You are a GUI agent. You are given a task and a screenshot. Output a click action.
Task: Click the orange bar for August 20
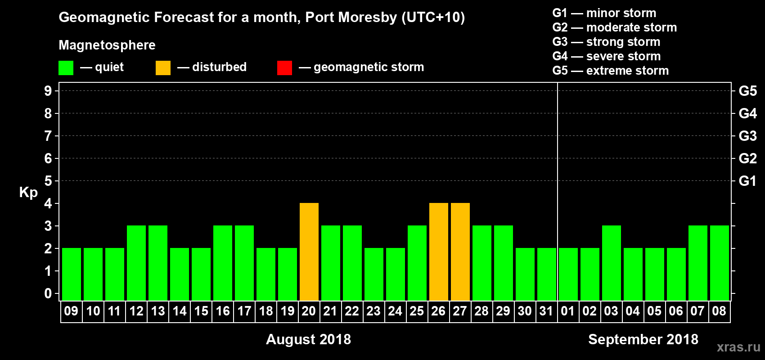pos(309,252)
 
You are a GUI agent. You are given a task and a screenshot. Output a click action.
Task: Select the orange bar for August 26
pos(439,252)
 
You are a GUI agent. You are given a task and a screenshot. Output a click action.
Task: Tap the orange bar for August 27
pos(460,252)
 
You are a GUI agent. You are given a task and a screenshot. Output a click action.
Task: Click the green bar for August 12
pos(136,263)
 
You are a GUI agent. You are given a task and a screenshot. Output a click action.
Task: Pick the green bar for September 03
pos(612,263)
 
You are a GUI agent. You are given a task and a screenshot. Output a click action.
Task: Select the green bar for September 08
pos(720,263)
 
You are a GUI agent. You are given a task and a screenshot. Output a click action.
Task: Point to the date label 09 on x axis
pos(71,311)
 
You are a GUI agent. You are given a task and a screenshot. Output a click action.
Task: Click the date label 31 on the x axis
pos(546,311)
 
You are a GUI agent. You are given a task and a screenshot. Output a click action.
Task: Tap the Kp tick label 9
pos(48,91)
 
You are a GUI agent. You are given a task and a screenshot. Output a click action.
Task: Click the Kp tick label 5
pos(48,181)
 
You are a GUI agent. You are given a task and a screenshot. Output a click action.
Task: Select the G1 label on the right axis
pos(747,181)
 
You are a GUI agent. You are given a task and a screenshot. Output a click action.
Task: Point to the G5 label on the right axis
pos(747,91)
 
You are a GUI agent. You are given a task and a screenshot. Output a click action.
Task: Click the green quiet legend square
pos(66,68)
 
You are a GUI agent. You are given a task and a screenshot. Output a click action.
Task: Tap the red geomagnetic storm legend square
pos(284,68)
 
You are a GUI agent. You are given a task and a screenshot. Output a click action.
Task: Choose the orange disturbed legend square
pos(163,68)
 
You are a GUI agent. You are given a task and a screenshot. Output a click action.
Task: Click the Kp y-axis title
pos(28,192)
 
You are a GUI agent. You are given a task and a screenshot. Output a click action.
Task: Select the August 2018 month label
pos(308,339)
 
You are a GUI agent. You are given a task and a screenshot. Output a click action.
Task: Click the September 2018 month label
pos(643,339)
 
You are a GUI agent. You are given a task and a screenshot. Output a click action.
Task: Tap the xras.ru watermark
pos(738,347)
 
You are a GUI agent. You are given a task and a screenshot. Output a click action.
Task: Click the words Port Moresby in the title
pos(351,17)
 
